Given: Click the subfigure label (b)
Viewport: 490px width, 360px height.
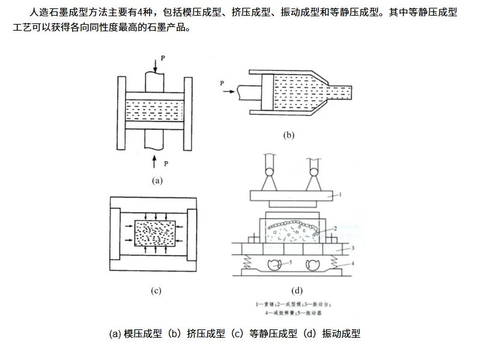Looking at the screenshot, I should coord(289,135).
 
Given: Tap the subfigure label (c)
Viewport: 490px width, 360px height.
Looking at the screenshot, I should coord(156,291).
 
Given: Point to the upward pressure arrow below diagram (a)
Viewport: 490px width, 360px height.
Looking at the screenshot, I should coord(155,160).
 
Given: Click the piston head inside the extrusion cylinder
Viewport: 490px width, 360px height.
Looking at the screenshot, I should coord(268,93).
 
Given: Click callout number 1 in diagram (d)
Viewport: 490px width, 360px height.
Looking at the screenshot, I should coord(339,195).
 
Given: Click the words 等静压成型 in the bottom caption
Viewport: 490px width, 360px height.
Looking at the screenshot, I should coord(266,334).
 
